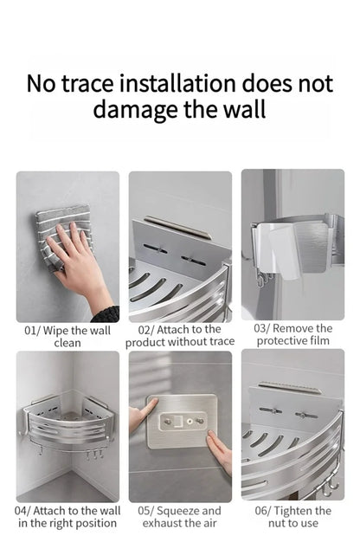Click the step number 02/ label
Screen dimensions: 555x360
(x=147, y=330)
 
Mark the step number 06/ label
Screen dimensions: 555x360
(x=263, y=511)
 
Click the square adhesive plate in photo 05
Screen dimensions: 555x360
(x=182, y=421)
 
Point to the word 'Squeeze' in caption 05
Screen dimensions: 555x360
(x=183, y=511)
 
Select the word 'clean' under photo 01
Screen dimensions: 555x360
(x=67, y=343)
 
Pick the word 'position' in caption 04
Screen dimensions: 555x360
(x=96, y=523)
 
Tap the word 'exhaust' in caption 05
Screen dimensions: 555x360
(x=164, y=523)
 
